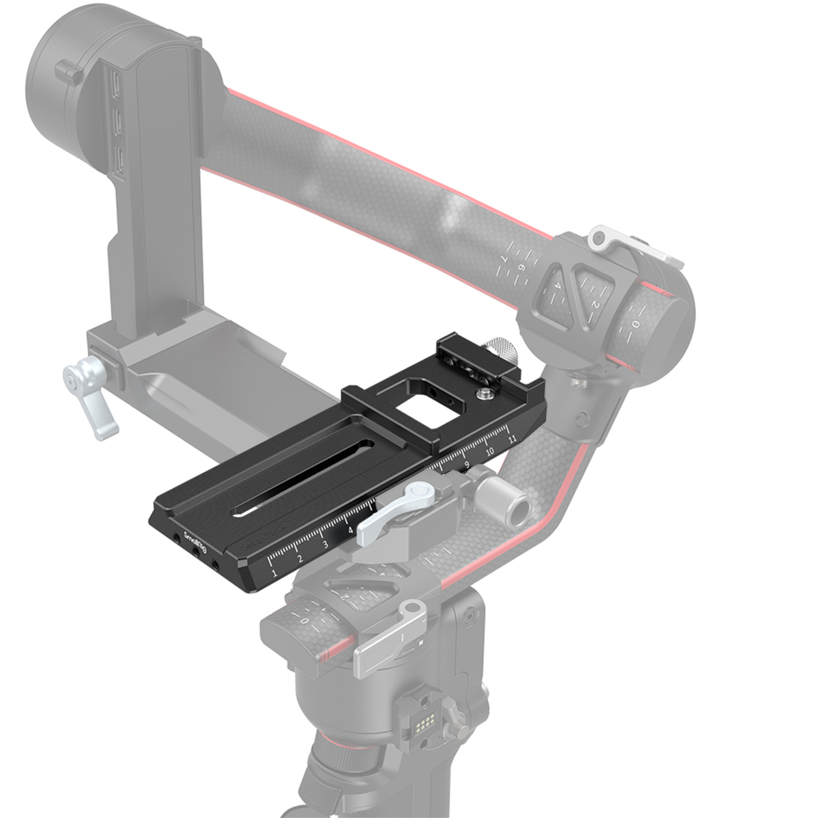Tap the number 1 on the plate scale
pos(273,573)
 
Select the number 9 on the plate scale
pos(466,465)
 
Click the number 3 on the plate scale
pos(325,544)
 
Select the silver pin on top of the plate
pos(482,393)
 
